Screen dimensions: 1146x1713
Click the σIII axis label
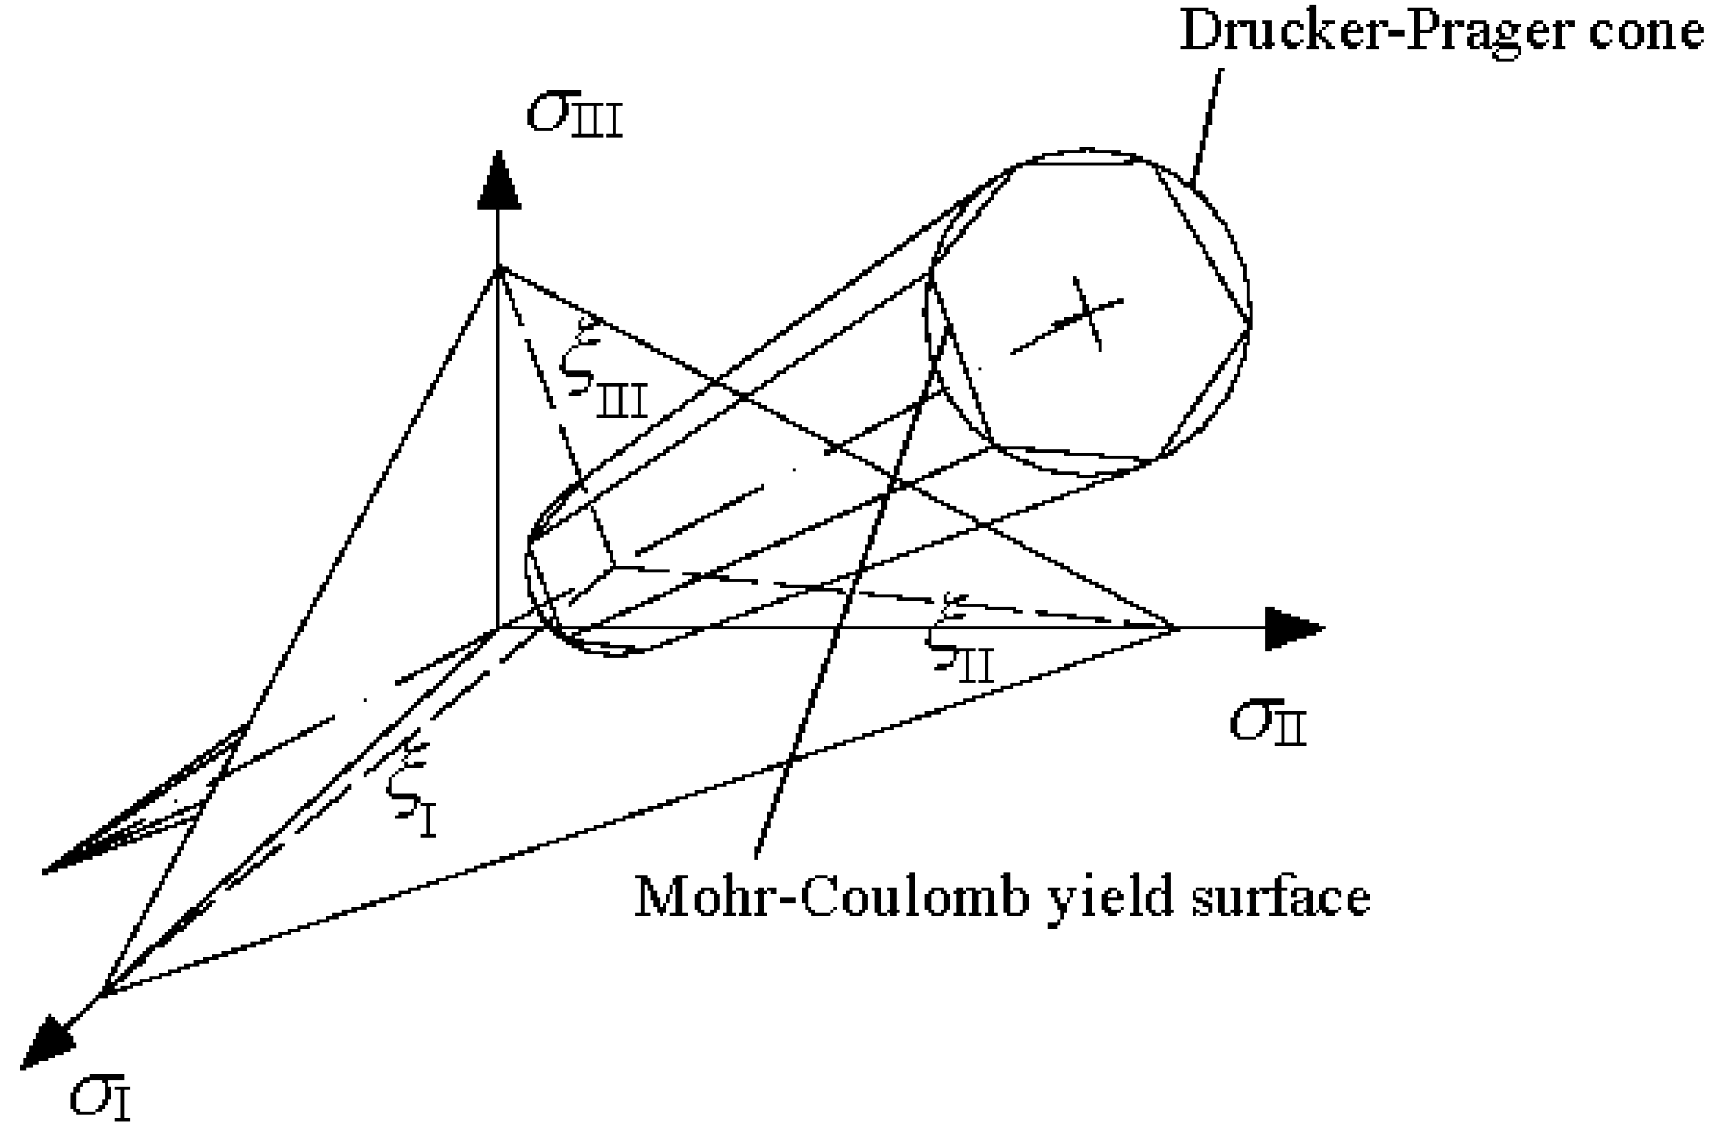[575, 116]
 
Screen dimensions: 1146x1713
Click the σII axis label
[1267, 723]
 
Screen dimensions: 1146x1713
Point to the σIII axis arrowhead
[497, 181]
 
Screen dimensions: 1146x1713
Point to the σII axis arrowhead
[1294, 628]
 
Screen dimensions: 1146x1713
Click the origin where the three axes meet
[497, 628]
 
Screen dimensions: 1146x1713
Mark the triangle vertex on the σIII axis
[497, 269]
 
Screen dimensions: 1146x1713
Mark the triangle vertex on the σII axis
[1176, 628]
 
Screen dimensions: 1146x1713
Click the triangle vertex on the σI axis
[102, 993]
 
